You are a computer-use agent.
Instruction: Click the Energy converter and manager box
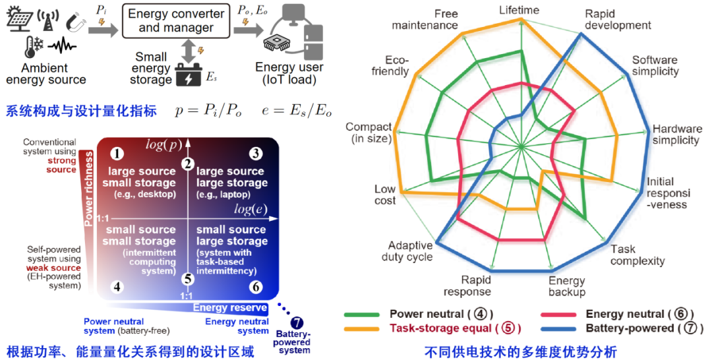176,21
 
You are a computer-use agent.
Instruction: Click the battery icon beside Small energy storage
189,75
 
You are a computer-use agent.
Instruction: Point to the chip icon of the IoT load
276,44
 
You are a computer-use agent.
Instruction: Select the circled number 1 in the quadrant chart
117,154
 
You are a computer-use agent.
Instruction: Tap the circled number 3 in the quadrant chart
256,154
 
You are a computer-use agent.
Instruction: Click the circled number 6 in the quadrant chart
256,287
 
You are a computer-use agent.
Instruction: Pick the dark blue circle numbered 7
297,323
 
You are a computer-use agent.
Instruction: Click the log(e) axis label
251,209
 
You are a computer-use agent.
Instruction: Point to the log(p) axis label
163,145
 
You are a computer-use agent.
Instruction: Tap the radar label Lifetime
519,10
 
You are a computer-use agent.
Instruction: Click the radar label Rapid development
618,20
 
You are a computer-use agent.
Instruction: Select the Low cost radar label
385,195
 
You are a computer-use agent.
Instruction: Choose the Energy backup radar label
567,286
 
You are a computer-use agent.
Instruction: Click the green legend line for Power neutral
362,314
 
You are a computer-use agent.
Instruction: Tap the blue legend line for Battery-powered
558,328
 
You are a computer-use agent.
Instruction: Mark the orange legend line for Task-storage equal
362,328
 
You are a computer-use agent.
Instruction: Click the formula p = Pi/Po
208,111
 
